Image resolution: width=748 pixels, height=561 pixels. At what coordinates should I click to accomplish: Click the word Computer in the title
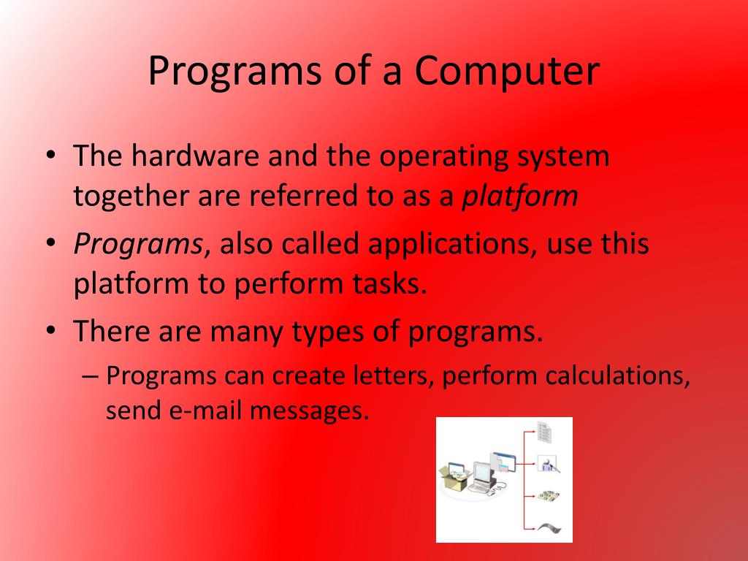tap(508, 72)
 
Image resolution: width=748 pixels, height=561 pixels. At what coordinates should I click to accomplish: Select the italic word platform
tap(519, 196)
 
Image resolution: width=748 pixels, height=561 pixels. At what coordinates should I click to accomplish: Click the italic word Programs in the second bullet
tap(137, 244)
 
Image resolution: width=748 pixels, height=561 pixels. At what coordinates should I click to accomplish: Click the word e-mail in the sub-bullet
tap(207, 411)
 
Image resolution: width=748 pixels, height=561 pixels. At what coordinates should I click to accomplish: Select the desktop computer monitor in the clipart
tap(482, 475)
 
